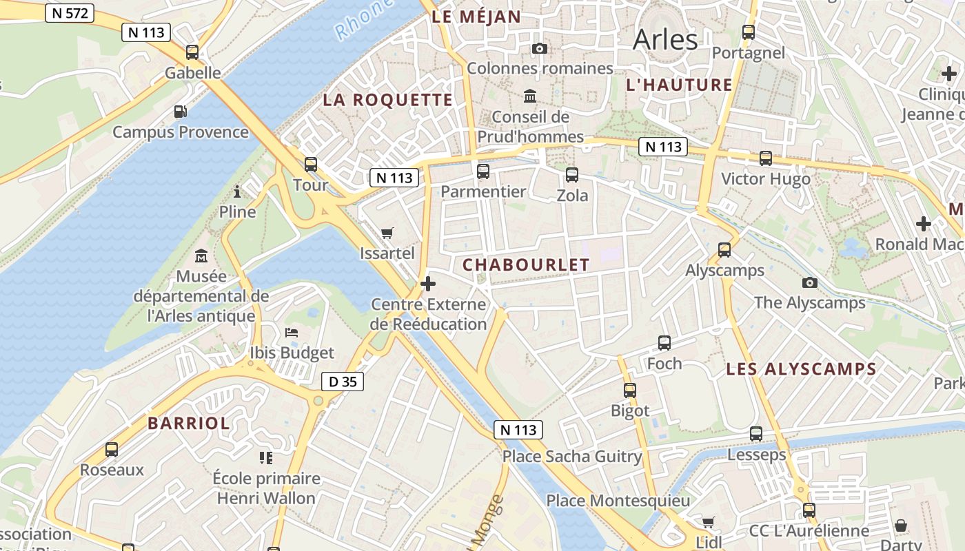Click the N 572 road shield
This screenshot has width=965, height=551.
[70, 13]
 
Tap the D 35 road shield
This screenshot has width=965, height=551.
[343, 381]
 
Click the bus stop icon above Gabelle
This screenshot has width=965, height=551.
[192, 52]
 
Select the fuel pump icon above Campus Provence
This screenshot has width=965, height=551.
[180, 111]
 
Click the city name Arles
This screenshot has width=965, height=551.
[665, 39]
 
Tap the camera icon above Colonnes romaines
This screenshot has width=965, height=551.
[540, 48]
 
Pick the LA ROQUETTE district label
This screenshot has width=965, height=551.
[388, 100]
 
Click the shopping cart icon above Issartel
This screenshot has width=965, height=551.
[387, 233]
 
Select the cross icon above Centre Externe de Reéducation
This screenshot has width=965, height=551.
[428, 283]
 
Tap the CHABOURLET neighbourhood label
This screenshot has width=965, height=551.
[526, 264]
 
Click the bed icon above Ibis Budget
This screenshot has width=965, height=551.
[292, 332]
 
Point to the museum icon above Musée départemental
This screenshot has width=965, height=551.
[201, 256]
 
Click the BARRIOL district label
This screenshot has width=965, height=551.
[189, 423]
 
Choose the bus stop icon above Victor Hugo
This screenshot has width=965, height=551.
[765, 158]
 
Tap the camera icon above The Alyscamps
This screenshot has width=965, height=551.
[810, 282]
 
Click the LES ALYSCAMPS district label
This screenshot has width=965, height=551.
[801, 369]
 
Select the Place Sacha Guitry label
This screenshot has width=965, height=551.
[572, 457]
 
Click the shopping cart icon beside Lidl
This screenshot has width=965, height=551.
[708, 522]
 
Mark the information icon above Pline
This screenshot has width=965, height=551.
[238, 191]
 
